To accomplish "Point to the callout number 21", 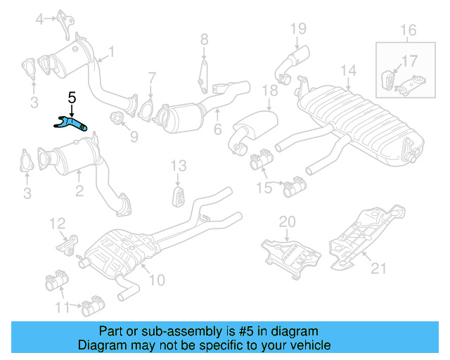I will [379, 266].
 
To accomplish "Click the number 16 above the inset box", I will [408, 30].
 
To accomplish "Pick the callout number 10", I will [156, 280].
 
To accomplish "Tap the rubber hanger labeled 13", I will [179, 195].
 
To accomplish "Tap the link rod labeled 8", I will [202, 75].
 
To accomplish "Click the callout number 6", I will [218, 130].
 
